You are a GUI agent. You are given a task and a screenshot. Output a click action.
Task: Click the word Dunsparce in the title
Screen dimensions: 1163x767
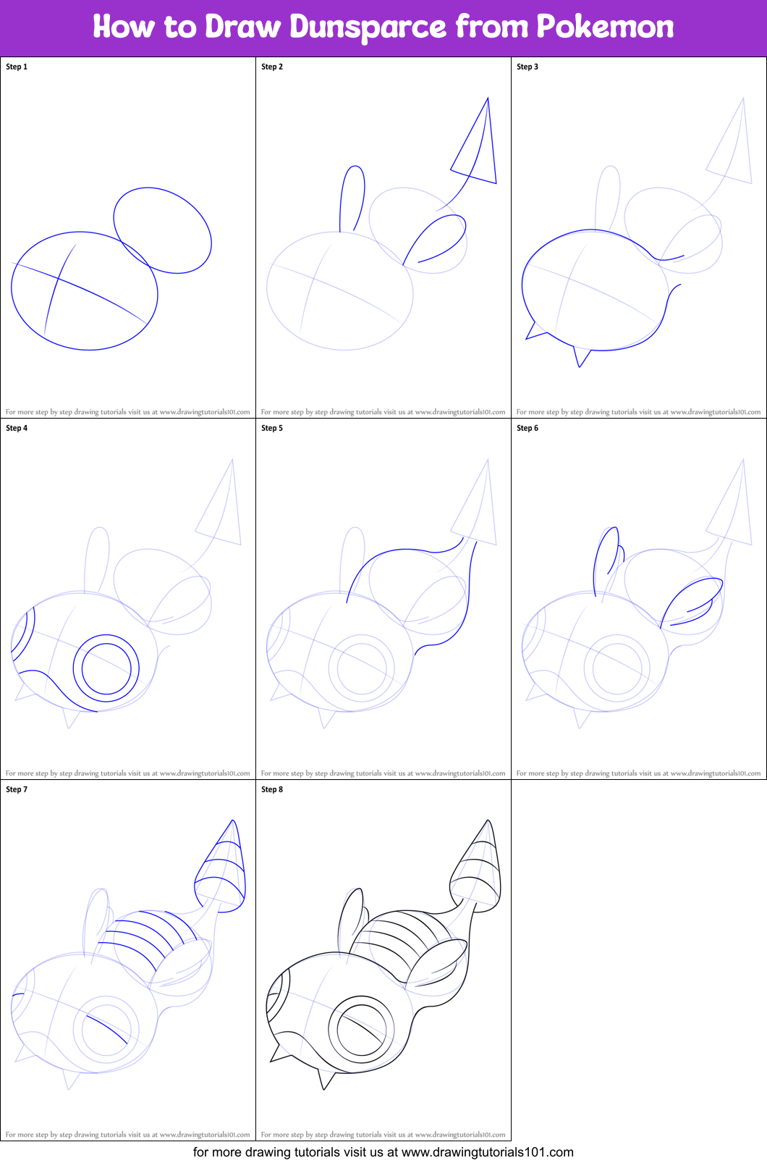click(368, 28)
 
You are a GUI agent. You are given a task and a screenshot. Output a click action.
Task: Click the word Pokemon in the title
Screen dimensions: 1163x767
click(605, 28)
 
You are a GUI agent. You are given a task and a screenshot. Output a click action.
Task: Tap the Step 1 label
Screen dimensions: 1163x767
click(17, 67)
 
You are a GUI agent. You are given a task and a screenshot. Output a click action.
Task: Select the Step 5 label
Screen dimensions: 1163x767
click(272, 428)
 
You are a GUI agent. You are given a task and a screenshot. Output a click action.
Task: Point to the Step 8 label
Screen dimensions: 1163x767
click(272, 789)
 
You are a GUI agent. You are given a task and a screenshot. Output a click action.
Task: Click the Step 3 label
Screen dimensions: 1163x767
click(527, 67)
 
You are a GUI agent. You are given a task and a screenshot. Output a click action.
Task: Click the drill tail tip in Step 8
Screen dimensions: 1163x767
click(488, 826)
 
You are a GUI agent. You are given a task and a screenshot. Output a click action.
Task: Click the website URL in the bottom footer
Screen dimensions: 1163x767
click(487, 1152)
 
